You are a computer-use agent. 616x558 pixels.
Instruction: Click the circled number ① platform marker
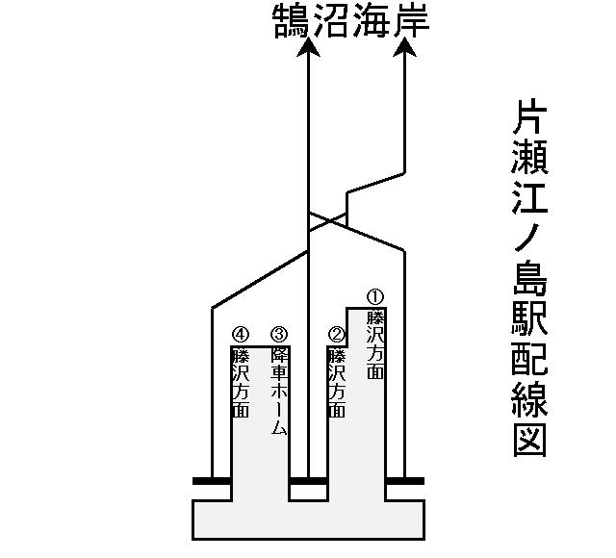pyautogui.click(x=376, y=296)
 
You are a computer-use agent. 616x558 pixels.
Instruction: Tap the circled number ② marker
pyautogui.click(x=337, y=334)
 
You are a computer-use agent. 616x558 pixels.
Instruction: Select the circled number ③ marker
pyautogui.click(x=279, y=334)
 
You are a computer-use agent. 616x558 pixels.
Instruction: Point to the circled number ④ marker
pyautogui.click(x=241, y=334)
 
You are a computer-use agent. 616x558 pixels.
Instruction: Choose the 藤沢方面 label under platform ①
pyautogui.click(x=376, y=343)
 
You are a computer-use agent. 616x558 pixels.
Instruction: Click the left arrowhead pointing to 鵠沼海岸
pyautogui.click(x=308, y=50)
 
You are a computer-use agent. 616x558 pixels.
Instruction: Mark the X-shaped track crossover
pyautogui.click(x=327, y=221)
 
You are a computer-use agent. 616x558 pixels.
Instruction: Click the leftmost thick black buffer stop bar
pyautogui.click(x=212, y=479)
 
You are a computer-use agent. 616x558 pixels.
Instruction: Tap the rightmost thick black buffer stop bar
pyautogui.click(x=404, y=479)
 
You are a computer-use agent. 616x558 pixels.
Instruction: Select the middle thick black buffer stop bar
pyautogui.click(x=308, y=479)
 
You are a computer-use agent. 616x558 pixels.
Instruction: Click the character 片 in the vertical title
pyautogui.click(x=530, y=117)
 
